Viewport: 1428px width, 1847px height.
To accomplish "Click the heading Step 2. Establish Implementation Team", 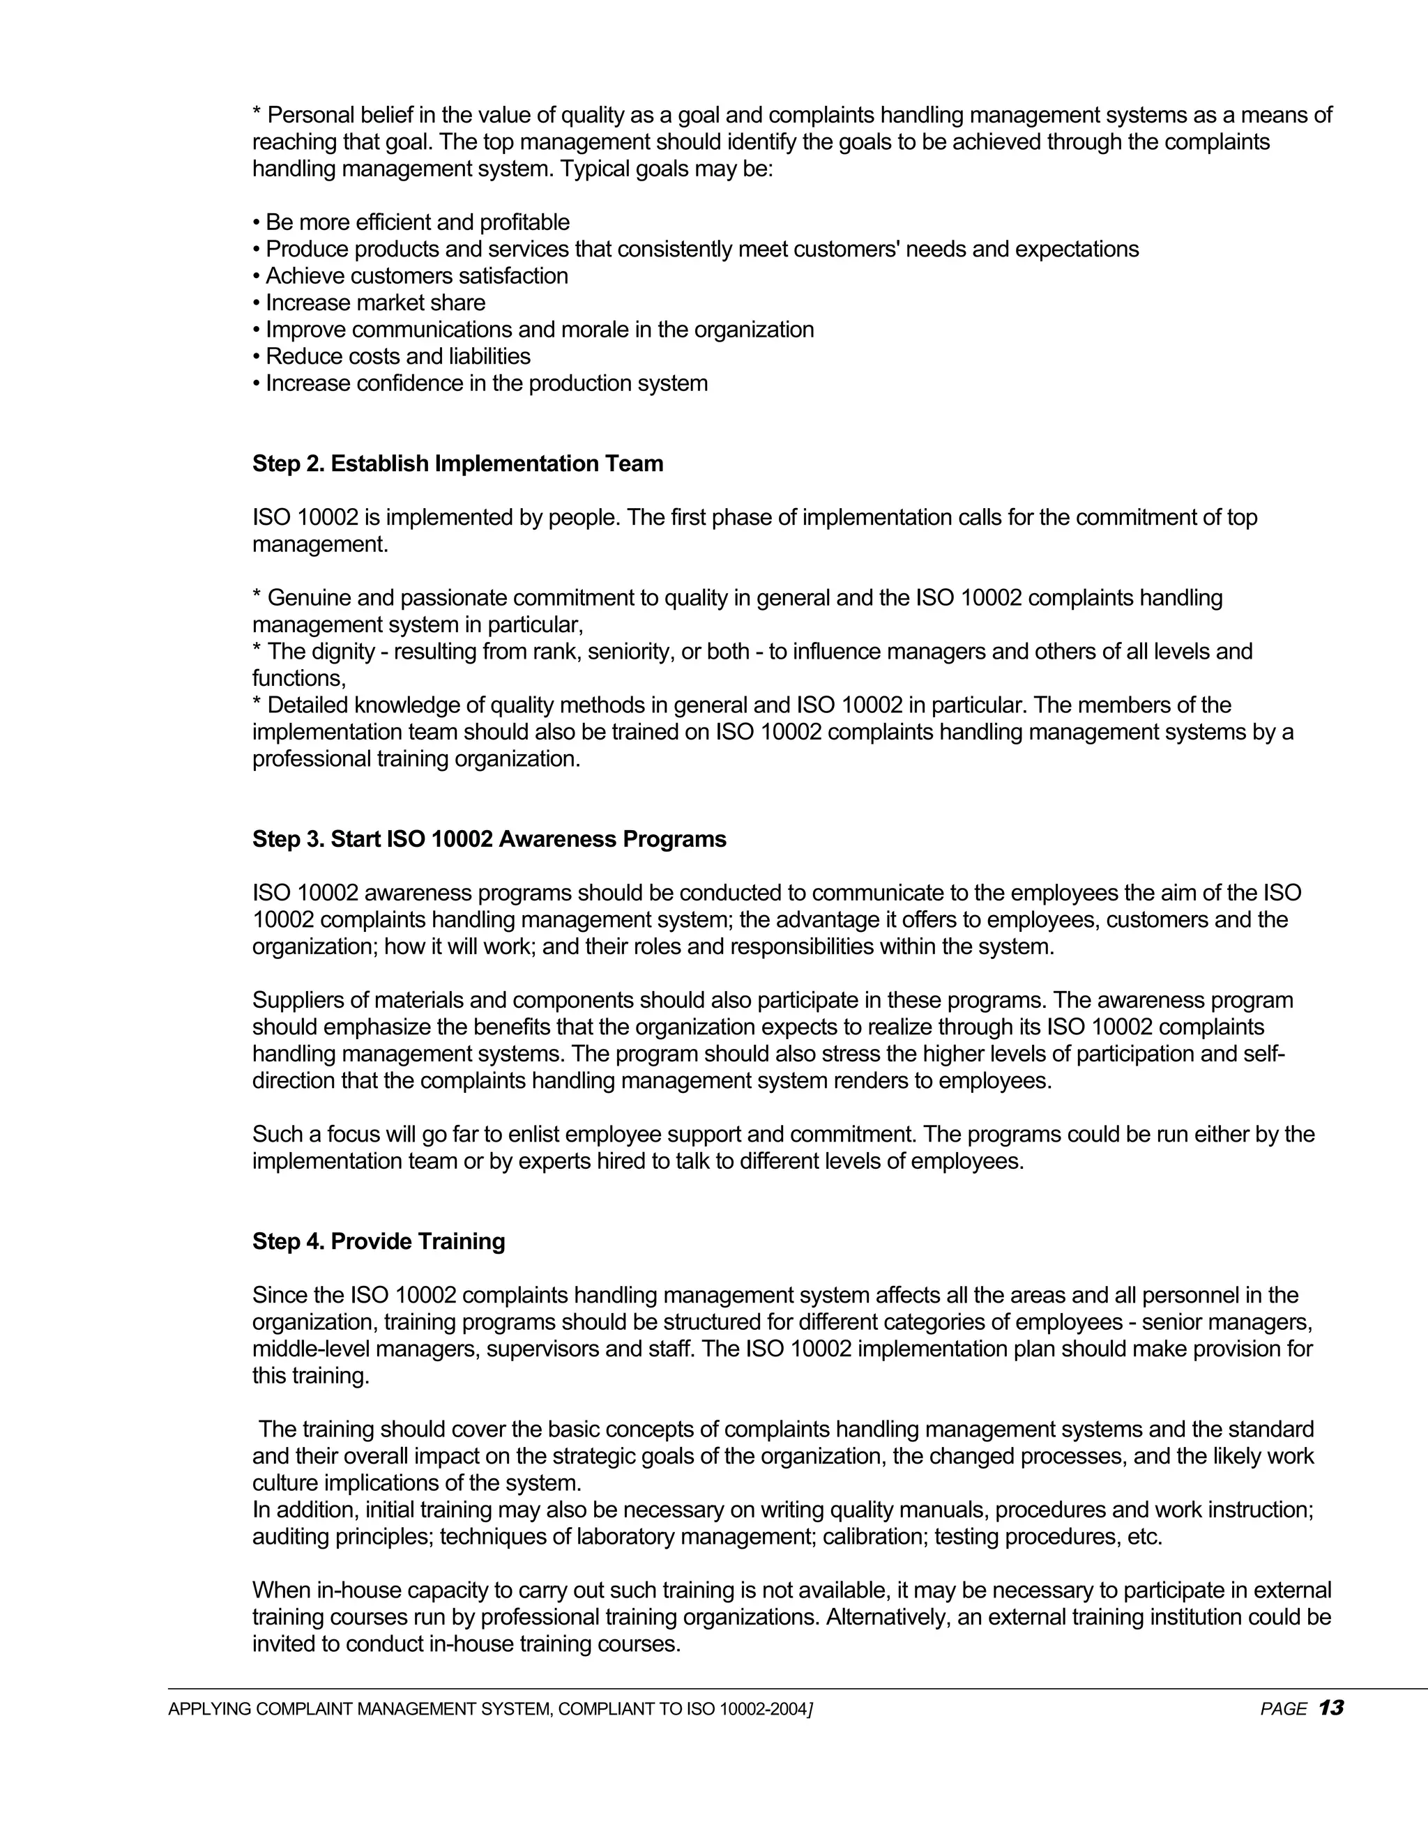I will click(457, 463).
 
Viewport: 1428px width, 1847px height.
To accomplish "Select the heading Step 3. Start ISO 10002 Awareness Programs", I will click(489, 839).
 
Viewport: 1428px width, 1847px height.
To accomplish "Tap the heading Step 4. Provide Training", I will click(378, 1241).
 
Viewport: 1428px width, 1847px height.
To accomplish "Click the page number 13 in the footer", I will click(1330, 1708).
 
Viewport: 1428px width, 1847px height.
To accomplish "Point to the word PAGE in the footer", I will click(1284, 1709).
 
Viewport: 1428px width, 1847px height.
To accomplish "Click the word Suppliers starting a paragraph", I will click(297, 1000).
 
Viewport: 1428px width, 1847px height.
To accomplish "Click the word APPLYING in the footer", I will click(210, 1709).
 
